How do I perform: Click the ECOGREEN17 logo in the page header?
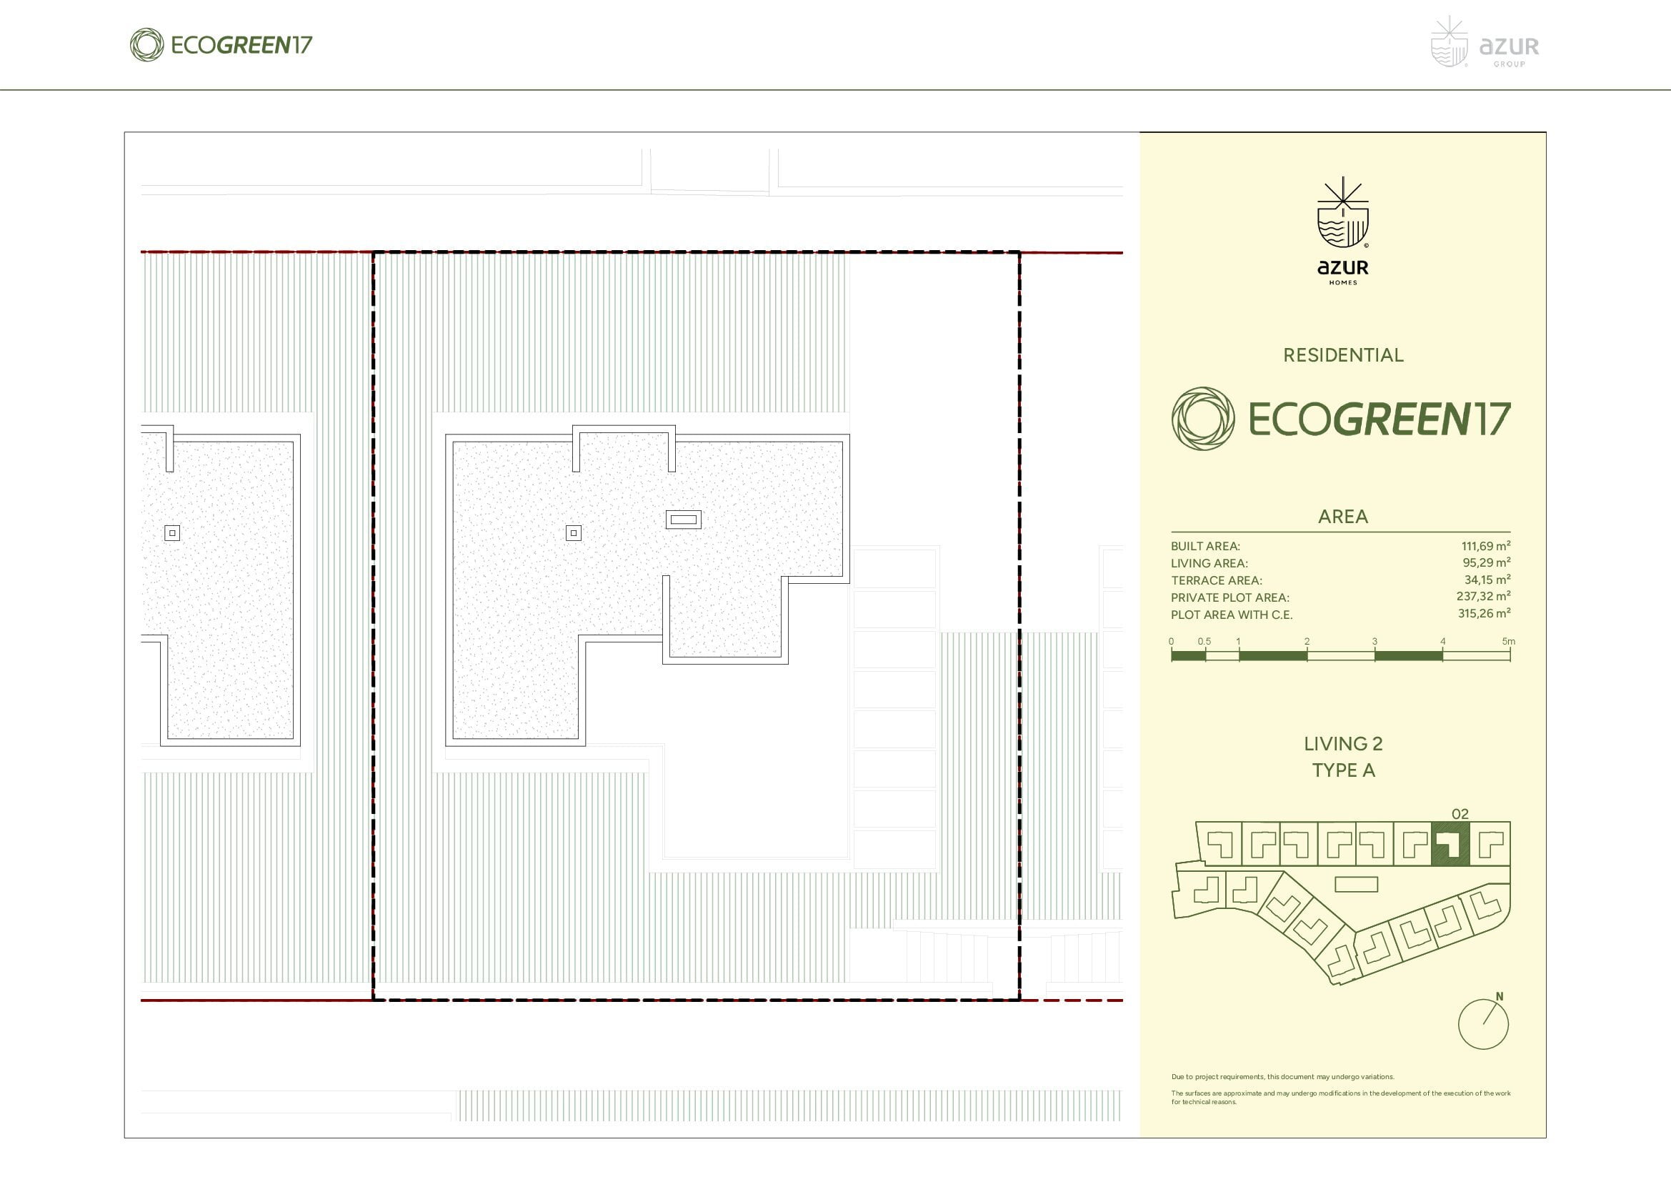click(x=221, y=45)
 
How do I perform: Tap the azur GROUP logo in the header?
click(x=1485, y=43)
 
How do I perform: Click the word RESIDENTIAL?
click(x=1343, y=355)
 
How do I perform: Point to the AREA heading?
click(x=1343, y=517)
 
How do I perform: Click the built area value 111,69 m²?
click(x=1485, y=546)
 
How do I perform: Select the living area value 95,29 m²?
click(x=1486, y=562)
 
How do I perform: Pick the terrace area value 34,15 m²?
click(x=1487, y=580)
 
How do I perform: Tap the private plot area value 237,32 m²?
click(x=1483, y=597)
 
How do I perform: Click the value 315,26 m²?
click(x=1484, y=614)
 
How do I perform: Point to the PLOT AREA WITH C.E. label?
click(x=1232, y=615)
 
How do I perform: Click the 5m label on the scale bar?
click(x=1508, y=641)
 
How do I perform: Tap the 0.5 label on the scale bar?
click(x=1204, y=641)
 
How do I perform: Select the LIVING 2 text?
click(x=1343, y=744)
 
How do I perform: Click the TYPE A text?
click(x=1344, y=770)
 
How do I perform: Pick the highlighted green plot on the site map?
click(x=1450, y=843)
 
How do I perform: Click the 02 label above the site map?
click(x=1460, y=814)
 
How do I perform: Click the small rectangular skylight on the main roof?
click(x=684, y=520)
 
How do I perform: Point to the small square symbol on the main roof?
click(x=574, y=534)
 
